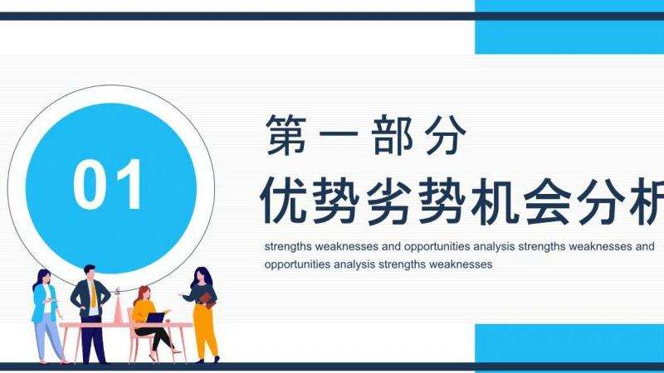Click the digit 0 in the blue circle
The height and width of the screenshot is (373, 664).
[90, 184]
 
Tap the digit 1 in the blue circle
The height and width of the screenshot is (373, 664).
[128, 184]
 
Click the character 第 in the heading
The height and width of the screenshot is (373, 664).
[286, 134]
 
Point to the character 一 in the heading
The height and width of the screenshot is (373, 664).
[339, 135]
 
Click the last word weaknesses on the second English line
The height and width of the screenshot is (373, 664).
[461, 264]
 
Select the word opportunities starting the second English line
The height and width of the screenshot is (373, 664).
[297, 264]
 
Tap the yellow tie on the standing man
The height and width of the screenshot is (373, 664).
[93, 294]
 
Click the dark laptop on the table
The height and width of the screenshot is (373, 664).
[155, 317]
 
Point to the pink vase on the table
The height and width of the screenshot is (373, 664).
[118, 308]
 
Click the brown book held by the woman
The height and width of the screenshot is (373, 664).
[206, 299]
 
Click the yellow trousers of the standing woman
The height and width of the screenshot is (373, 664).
[205, 332]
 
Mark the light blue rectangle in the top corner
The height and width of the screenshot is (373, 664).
[569, 27]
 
